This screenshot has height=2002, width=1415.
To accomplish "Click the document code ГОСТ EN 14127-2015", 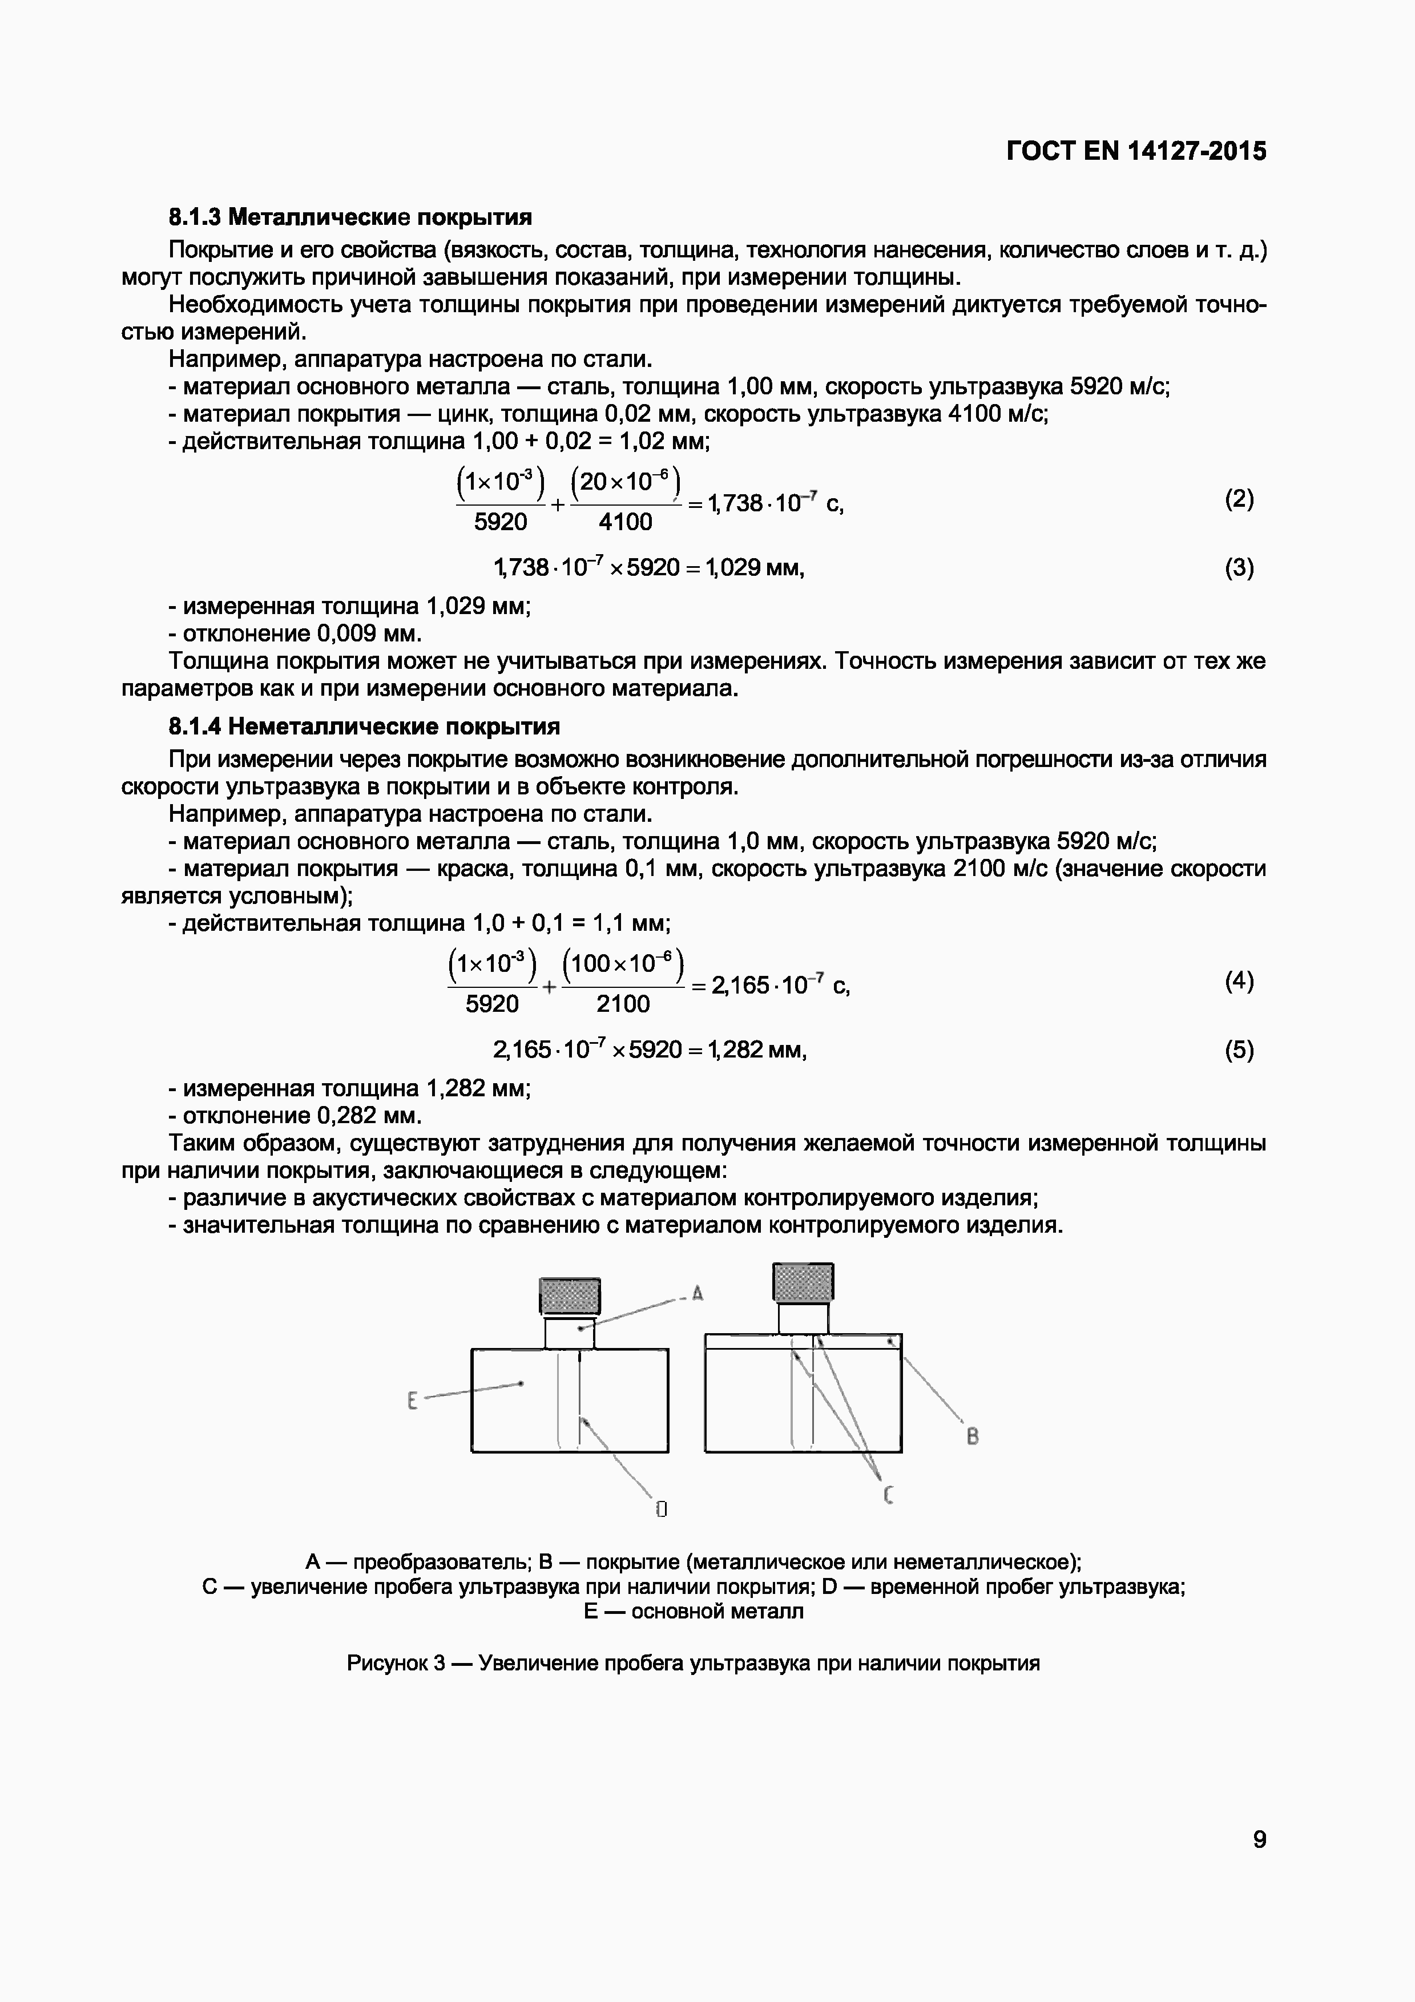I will point(1135,152).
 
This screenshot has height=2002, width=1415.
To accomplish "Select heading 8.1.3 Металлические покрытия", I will point(349,216).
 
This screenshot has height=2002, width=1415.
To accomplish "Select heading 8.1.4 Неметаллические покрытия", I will point(364,726).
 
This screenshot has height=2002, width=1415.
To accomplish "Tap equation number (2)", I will point(1239,499).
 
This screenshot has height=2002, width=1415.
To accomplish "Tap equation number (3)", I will point(1239,568).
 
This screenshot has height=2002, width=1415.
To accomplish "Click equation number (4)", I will point(1239,981).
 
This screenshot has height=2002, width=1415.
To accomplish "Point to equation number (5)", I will point(1239,1050).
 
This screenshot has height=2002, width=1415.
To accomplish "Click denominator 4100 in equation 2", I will point(625,522).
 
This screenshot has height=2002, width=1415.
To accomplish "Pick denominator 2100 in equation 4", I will point(623,1004).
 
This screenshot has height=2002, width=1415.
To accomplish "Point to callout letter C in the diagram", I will point(888,1496).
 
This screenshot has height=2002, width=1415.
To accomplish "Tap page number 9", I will point(1259,1840).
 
